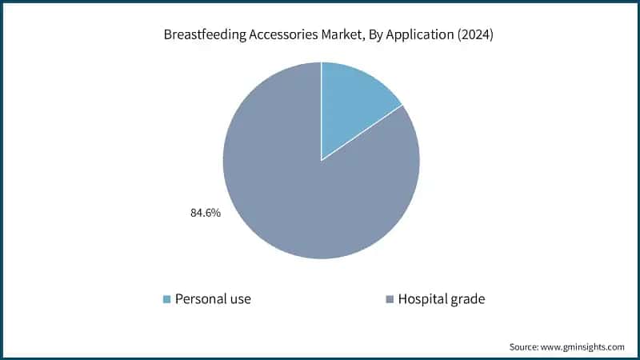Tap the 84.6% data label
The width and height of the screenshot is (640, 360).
pyautogui.click(x=205, y=214)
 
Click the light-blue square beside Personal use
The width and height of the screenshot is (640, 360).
pyautogui.click(x=166, y=299)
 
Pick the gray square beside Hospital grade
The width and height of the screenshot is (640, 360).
pyautogui.click(x=390, y=299)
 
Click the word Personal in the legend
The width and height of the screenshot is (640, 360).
pyautogui.click(x=202, y=299)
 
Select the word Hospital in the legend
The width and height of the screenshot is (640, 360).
pyautogui.click(x=424, y=299)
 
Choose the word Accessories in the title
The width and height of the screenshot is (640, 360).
pyautogui.click(x=278, y=34)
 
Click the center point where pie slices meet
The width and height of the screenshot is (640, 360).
pyautogui.click(x=321, y=160)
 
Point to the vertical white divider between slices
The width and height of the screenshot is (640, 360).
pyautogui.click(x=321, y=112)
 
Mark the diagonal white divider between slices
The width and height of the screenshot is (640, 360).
pyautogui.click(x=362, y=132)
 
